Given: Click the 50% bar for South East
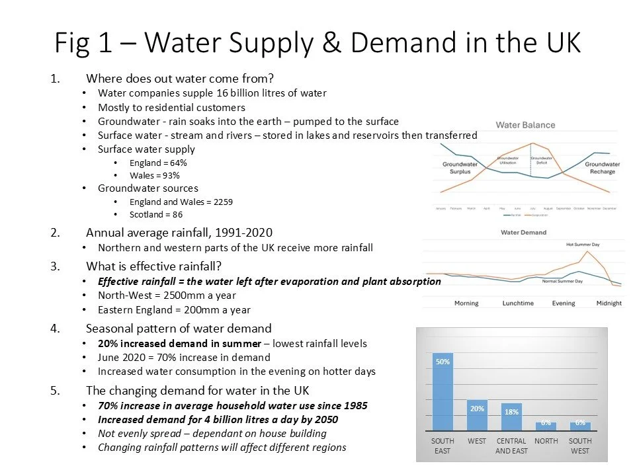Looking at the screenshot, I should [x=443, y=391].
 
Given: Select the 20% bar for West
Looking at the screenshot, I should [x=477, y=415].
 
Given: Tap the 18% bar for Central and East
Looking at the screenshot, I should [x=511, y=416].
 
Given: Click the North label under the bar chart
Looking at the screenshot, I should [x=546, y=441].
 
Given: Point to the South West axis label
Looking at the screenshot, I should [x=580, y=446].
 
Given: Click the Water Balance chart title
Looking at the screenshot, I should [x=525, y=125].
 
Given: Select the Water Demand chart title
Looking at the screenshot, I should [x=523, y=233].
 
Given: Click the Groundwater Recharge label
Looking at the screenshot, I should [x=602, y=167].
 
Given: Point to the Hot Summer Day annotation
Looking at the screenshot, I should [x=582, y=245].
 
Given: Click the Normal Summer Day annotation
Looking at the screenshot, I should [x=562, y=282].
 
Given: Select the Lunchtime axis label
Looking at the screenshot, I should [x=518, y=303].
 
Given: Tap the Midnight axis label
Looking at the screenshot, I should [x=608, y=303].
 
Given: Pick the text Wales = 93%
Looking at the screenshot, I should [x=155, y=175].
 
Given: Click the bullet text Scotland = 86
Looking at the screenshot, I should [x=156, y=214].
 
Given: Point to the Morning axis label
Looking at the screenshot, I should [x=466, y=303].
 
